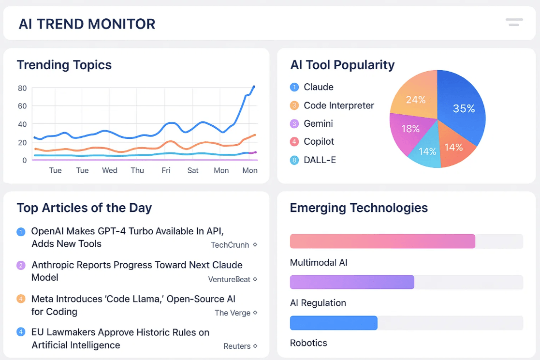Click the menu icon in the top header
514,22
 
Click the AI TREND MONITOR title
87,24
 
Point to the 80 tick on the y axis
22,88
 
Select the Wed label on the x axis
110,170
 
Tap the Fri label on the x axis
166,170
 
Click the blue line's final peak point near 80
254,87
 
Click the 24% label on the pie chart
415,100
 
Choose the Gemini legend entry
318,124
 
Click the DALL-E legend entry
319,160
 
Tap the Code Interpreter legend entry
338,105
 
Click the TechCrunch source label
230,245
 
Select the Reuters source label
237,346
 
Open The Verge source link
233,313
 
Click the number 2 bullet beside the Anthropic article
21,265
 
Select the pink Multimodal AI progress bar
382,241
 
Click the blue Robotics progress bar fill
334,323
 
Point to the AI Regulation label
318,303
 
